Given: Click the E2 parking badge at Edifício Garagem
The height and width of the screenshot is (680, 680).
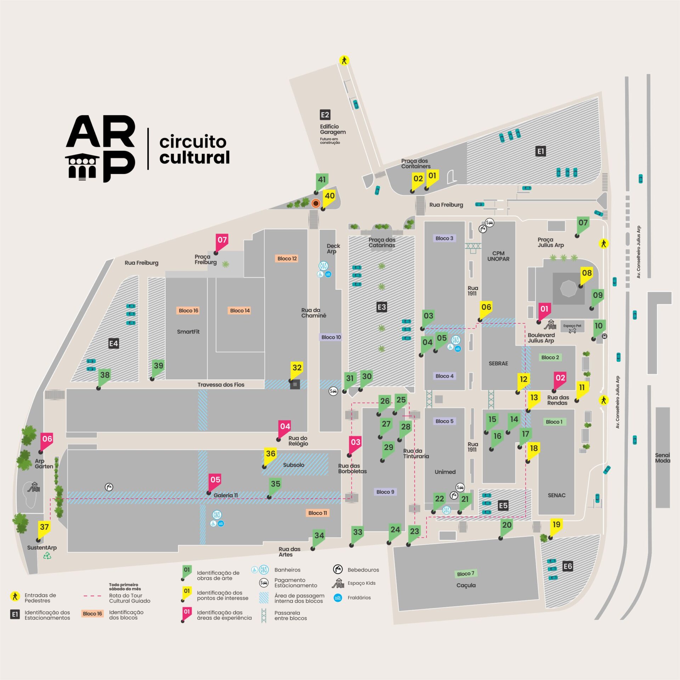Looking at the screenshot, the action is (325, 115).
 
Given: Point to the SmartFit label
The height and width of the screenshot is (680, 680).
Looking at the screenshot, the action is (188, 331).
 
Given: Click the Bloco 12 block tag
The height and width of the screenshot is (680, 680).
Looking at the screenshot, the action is (287, 259).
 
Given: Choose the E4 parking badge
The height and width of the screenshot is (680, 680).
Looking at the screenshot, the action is (113, 343).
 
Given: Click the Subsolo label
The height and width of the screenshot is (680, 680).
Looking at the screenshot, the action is (294, 465).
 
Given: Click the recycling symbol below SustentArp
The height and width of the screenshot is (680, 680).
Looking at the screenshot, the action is (47, 556).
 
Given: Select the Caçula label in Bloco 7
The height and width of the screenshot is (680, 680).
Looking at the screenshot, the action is (466, 585).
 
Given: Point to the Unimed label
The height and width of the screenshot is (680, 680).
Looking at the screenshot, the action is (445, 472).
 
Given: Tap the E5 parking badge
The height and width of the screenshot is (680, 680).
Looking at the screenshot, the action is (503, 505).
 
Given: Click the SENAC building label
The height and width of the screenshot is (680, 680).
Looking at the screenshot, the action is (556, 495).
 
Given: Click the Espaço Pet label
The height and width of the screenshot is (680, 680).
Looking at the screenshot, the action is (572, 325).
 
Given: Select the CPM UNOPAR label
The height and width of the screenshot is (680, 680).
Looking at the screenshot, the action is (498, 256).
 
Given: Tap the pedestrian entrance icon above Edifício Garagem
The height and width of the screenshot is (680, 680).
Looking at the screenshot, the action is (344, 60).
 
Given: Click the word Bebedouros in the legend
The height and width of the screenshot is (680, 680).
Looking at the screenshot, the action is (363, 570).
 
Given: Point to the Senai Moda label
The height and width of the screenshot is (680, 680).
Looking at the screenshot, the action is (662, 458).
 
